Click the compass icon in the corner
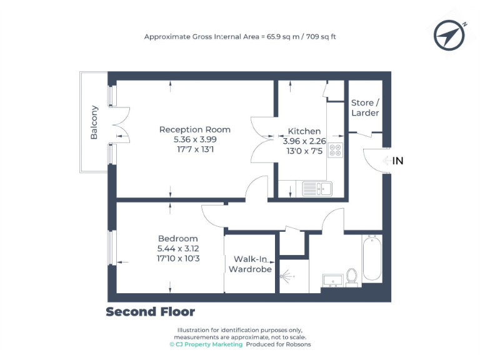[x=449, y=36]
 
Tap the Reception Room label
[x=194, y=130]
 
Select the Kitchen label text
[x=304, y=132]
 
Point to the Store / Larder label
[x=364, y=107]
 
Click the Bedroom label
[x=177, y=239]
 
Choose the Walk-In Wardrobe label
[x=250, y=264]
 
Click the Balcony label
[x=94, y=122]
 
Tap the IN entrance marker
[x=397, y=161]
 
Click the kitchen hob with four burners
[x=335, y=151]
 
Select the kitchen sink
[x=316, y=187]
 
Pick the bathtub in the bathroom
[x=371, y=257]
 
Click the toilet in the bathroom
[x=352, y=276]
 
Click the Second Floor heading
[x=150, y=311]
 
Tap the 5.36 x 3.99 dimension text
[x=194, y=140]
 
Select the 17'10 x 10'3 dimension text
[x=178, y=258]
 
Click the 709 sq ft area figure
[x=320, y=37]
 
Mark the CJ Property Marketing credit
[x=206, y=344]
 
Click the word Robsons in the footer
[x=297, y=344]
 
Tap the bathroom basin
[x=329, y=279]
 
